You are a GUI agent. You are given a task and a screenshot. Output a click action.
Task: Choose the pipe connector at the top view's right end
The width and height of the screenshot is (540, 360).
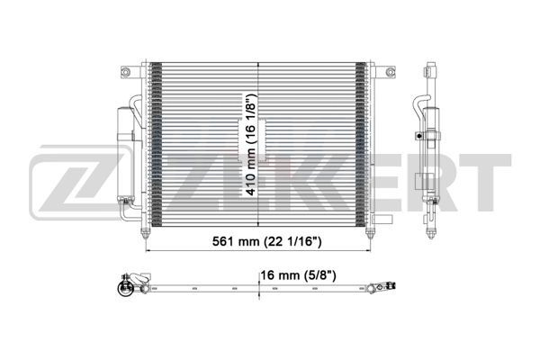click(x=392, y=288)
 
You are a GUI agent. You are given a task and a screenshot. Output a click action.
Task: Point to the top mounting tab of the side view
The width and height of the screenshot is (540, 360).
click(x=430, y=67)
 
